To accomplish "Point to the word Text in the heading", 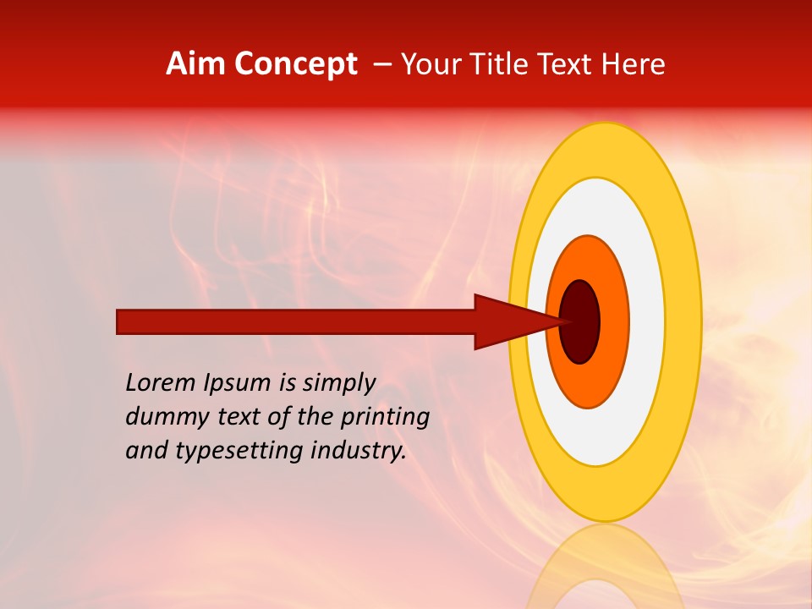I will [x=567, y=64].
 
